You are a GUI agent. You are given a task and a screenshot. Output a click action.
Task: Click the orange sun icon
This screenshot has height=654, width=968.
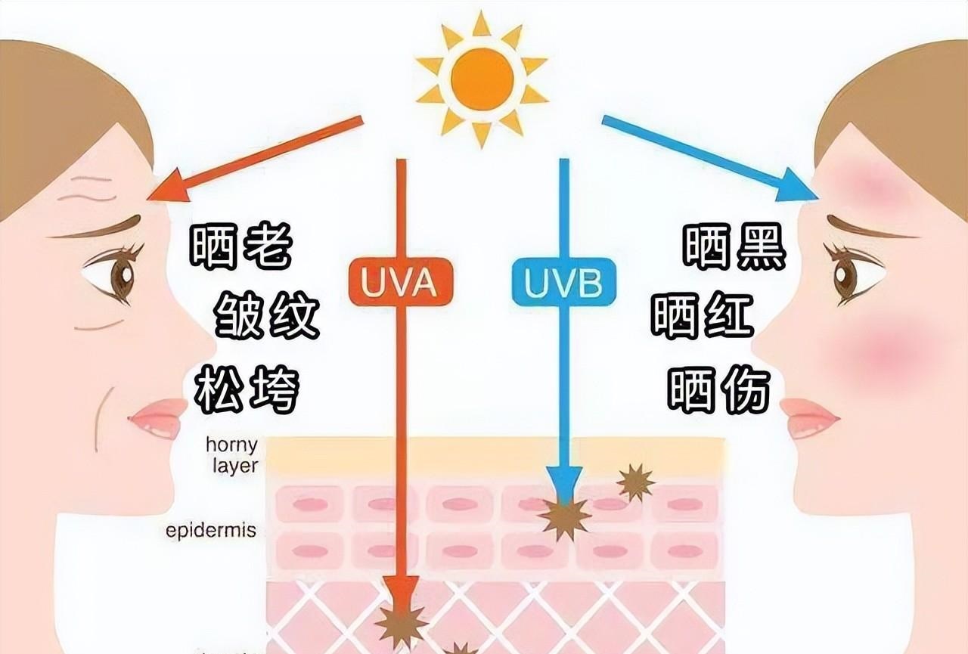tap(481, 79)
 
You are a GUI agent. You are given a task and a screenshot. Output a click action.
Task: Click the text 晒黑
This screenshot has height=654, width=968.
tap(734, 247)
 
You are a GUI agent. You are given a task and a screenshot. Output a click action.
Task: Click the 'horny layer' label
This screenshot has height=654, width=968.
tap(231, 454)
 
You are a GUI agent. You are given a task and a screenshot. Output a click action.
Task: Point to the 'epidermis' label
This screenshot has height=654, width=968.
tap(211, 530)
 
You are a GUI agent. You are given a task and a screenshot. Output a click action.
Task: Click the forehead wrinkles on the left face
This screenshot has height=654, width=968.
tap(89, 188)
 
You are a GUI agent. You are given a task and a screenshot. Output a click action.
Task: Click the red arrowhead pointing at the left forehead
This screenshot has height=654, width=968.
tap(166, 188)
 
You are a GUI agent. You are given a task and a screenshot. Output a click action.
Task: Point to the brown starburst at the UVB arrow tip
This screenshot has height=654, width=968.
tap(564, 516)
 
